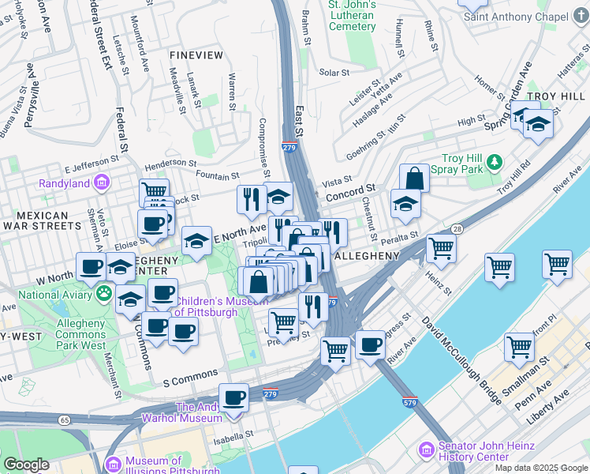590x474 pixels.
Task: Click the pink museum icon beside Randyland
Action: click(x=101, y=183)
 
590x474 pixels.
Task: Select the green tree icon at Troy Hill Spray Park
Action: click(x=495, y=162)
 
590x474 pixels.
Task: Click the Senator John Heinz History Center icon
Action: click(x=427, y=450)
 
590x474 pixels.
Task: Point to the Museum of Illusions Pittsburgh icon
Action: click(x=113, y=465)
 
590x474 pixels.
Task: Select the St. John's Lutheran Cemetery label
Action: click(x=352, y=16)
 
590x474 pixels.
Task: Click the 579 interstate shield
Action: click(x=409, y=402)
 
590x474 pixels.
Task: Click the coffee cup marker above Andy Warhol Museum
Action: click(x=233, y=397)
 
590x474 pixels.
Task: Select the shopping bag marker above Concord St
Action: click(x=414, y=179)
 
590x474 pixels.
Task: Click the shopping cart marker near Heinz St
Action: click(x=442, y=248)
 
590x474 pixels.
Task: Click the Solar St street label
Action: click(x=334, y=73)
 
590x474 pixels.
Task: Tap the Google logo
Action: click(x=26, y=465)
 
